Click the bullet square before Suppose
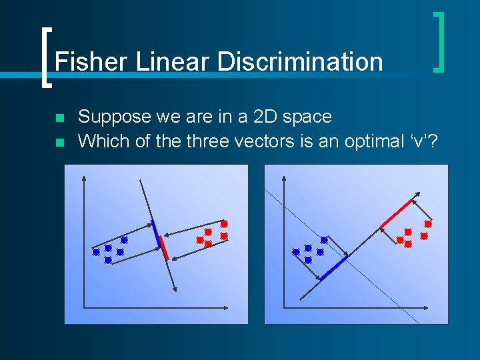click(x=59, y=119)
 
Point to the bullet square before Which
click(x=59, y=143)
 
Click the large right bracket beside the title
click(x=439, y=41)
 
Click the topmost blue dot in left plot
click(x=124, y=239)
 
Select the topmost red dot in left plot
click(x=224, y=224)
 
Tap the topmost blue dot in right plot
click(x=324, y=239)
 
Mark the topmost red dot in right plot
click(x=428, y=224)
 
